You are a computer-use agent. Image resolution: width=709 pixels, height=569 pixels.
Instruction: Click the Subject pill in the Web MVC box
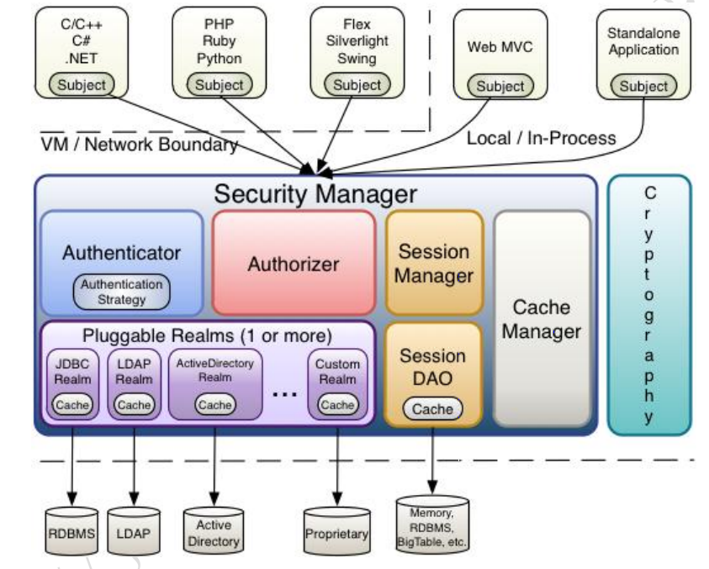click(x=500, y=86)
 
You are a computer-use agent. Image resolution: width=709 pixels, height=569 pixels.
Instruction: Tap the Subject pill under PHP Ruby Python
click(x=220, y=84)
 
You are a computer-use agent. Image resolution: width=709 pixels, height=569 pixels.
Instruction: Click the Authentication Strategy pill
click(x=121, y=292)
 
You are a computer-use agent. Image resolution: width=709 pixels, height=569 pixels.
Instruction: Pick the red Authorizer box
click(x=293, y=263)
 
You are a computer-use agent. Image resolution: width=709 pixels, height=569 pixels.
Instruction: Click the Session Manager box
click(x=434, y=262)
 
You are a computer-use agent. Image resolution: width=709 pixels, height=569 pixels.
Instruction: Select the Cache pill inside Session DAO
click(x=433, y=409)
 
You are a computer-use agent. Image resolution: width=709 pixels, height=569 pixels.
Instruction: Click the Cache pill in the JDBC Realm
click(x=71, y=404)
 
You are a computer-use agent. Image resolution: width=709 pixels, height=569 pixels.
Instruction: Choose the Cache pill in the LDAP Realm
click(x=134, y=404)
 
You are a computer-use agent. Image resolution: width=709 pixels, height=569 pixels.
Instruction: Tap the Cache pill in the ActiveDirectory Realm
click(x=214, y=404)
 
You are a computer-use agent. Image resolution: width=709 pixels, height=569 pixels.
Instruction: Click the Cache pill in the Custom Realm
click(x=337, y=404)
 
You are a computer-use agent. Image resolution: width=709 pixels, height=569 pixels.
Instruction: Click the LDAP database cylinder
click(x=133, y=531)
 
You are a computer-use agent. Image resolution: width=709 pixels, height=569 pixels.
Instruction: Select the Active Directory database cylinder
click(x=214, y=531)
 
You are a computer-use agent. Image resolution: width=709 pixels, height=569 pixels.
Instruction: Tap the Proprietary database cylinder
click(x=336, y=531)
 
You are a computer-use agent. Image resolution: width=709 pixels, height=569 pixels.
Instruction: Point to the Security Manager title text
click(x=315, y=194)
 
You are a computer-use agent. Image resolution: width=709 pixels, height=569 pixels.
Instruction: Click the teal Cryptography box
click(x=648, y=304)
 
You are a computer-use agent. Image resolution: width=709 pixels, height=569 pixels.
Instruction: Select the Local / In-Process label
click(x=541, y=137)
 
